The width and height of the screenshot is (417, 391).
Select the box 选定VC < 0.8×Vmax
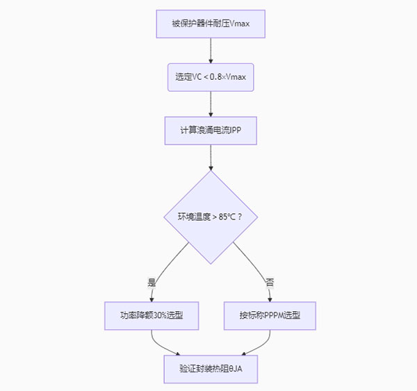point(210,77)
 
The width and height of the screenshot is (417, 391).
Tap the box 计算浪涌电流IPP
point(210,131)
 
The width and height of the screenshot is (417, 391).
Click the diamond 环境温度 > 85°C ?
point(210,217)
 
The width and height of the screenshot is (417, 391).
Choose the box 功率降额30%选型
point(151,315)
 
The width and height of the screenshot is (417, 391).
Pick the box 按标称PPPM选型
point(270,315)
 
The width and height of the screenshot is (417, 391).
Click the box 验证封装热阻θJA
point(210,369)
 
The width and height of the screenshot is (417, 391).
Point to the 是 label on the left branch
point(152,283)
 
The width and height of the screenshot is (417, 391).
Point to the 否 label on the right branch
point(269,283)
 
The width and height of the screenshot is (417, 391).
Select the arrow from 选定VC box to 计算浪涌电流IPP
point(210,103)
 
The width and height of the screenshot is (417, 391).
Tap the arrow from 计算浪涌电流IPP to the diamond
point(210,158)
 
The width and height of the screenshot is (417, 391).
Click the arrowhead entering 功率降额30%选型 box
point(151,299)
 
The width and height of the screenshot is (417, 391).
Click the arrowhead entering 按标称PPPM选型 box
point(270,299)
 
